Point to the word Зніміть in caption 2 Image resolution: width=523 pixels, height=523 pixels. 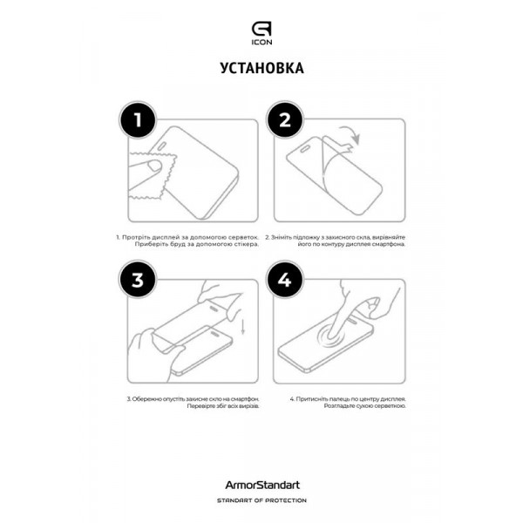(307, 236)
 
